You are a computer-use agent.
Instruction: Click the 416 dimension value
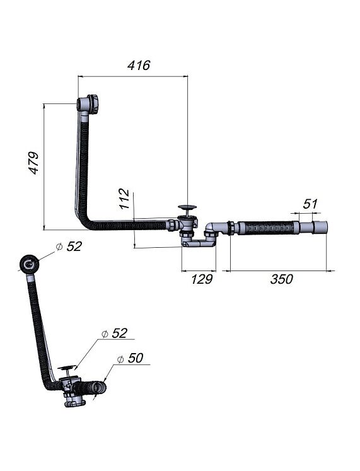point(139,65)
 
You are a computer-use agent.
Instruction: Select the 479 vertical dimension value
point(34,163)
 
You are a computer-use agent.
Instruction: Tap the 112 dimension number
point(124,199)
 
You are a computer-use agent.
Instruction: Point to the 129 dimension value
point(202,279)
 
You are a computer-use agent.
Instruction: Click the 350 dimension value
point(281,279)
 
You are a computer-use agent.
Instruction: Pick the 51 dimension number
point(310,204)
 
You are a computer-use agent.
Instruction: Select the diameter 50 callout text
point(130,358)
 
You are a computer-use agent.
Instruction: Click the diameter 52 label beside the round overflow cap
point(69,247)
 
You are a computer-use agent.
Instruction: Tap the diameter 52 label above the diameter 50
point(114,333)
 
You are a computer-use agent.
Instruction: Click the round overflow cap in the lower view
point(29,264)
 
